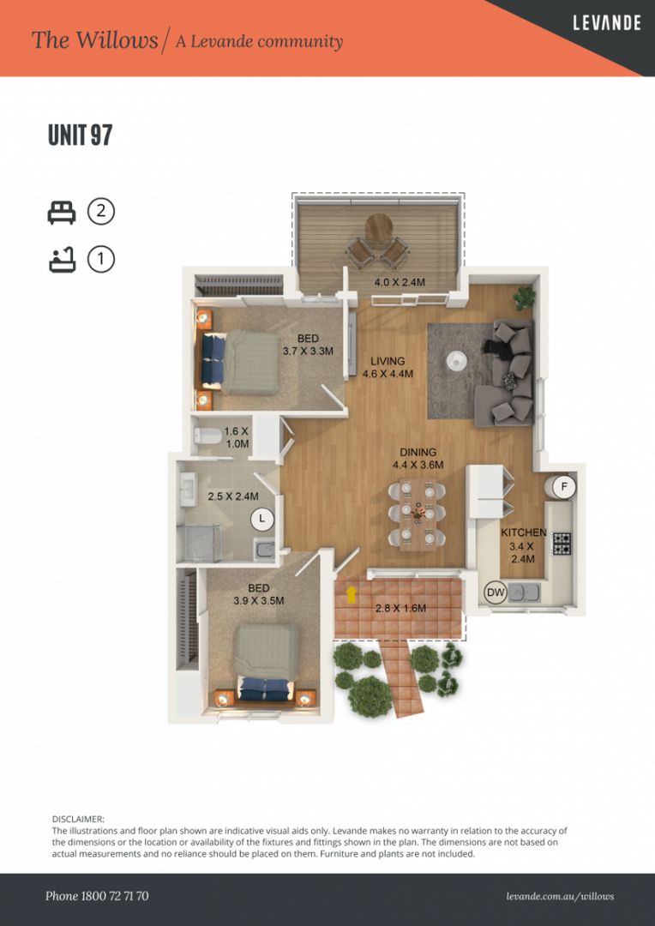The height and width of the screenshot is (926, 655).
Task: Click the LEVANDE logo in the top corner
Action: click(x=606, y=23)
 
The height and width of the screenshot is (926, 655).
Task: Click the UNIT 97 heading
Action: click(x=81, y=135)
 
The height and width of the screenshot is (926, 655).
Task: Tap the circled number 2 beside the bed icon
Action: click(x=101, y=211)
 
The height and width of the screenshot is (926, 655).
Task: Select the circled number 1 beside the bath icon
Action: click(x=101, y=259)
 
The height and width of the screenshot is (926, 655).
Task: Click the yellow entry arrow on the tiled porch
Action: click(x=352, y=593)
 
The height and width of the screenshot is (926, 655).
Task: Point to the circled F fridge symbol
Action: click(x=563, y=487)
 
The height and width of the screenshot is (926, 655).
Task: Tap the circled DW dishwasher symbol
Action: click(x=496, y=592)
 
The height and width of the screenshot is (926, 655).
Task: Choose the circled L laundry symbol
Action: click(x=262, y=519)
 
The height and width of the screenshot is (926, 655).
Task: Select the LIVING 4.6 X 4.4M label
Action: click(x=388, y=368)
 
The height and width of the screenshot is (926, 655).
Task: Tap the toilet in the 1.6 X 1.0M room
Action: click(x=207, y=436)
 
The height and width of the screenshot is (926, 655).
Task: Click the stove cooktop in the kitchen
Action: click(x=562, y=544)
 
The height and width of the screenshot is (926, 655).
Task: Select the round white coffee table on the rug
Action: click(x=454, y=361)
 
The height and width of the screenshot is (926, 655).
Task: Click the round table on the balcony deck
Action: click(x=378, y=228)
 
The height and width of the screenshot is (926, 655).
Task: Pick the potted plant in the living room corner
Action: click(x=524, y=298)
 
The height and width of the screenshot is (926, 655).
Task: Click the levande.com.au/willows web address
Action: click(x=560, y=896)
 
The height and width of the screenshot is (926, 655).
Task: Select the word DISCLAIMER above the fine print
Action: click(x=78, y=820)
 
